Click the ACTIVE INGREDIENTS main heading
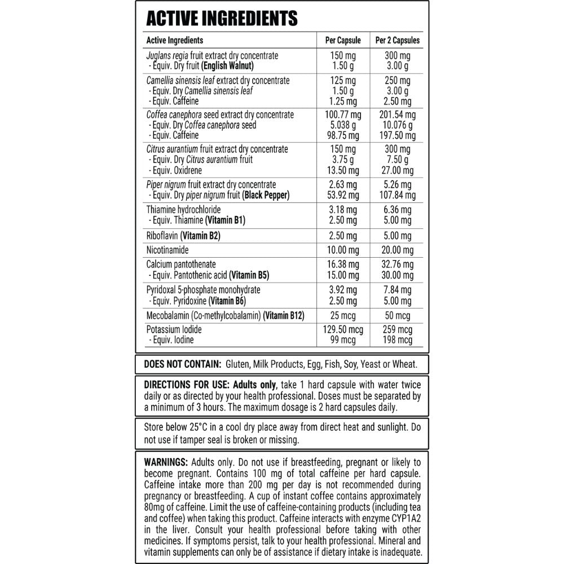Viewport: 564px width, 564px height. (222, 18)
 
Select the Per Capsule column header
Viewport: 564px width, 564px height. (343, 41)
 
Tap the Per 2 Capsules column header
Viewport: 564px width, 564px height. (398, 41)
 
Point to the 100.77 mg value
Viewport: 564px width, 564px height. (343, 115)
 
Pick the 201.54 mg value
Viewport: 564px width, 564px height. (398, 115)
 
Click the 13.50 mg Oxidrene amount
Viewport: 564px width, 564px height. (343, 170)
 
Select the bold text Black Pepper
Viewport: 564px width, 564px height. (266, 195)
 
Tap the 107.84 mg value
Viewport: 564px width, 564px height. (398, 195)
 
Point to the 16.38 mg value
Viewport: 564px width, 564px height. (343, 265)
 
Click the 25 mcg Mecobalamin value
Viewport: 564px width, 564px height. (343, 315)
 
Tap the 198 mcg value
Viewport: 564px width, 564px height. (398, 340)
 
